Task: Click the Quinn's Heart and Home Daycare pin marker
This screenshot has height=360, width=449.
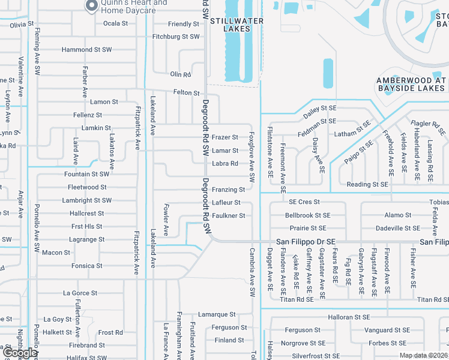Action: point(91,6)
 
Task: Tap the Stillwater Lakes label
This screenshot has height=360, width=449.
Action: point(237,25)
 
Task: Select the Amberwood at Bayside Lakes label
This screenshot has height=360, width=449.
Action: point(412,84)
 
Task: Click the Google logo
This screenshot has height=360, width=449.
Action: point(19,352)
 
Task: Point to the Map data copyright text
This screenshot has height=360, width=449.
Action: point(423,355)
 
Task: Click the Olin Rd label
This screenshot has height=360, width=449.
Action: point(180,74)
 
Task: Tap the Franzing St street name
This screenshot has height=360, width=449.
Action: point(228,190)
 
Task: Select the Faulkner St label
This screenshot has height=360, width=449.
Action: point(228,215)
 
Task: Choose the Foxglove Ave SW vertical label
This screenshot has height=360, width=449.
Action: point(252,157)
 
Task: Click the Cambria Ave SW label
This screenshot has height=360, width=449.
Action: point(252,272)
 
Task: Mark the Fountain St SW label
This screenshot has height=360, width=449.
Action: point(87,174)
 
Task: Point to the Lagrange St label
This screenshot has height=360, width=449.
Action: point(88,239)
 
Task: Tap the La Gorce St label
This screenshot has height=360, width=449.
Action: point(80,293)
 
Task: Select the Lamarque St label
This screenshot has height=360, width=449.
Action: point(217,314)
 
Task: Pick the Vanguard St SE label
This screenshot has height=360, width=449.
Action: point(387,330)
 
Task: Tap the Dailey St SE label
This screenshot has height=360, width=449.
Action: point(319,109)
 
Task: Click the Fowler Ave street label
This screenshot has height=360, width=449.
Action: point(166,220)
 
